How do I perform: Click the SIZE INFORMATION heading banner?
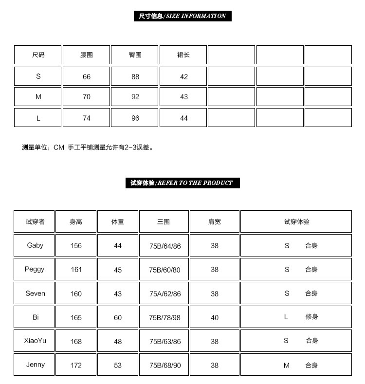click(x=182, y=16)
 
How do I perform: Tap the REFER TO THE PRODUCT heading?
click(x=182, y=183)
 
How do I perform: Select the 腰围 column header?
click(x=87, y=55)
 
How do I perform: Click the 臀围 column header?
click(x=135, y=55)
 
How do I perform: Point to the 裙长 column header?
click(x=183, y=55)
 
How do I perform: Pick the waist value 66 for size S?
click(x=87, y=77)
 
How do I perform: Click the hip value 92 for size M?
click(x=135, y=97)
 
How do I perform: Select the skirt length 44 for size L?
click(x=184, y=118)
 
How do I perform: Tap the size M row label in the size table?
click(x=38, y=97)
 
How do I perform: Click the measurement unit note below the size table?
click(x=88, y=147)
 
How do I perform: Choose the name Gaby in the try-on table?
click(x=35, y=245)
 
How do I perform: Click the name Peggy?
click(x=35, y=269)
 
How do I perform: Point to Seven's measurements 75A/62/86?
click(x=165, y=294)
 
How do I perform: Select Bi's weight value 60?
click(x=118, y=318)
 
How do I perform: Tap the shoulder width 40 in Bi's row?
click(x=215, y=318)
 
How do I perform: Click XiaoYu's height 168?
click(x=76, y=342)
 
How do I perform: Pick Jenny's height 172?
click(x=76, y=366)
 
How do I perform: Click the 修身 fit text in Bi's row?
click(x=311, y=317)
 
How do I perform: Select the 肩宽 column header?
click(x=215, y=222)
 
